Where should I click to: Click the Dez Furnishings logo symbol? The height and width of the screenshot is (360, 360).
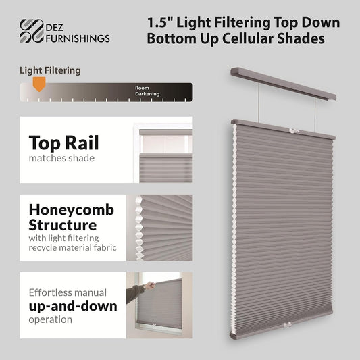coord(32,31)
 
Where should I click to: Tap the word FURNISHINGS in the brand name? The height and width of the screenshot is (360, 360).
coord(78,38)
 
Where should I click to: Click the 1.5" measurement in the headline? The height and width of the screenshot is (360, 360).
coord(159,23)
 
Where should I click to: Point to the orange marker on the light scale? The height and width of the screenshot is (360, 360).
coord(39,84)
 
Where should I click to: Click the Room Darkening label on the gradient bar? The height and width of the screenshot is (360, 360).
coord(147,91)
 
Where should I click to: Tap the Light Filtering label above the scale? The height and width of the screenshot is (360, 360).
coord(50,70)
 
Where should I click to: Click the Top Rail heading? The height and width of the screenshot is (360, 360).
coord(63,143)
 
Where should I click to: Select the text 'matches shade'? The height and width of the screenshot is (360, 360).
coord(61,158)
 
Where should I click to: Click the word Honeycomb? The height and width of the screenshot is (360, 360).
coord(72,210)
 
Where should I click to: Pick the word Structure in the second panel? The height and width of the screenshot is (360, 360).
coord(63,225)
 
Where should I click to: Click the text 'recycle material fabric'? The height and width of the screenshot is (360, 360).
coord(72,247)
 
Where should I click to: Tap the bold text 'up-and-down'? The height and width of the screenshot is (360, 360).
coord(73,306)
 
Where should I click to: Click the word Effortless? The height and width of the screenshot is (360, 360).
coord(50,292)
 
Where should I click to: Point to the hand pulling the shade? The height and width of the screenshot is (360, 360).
coord(150,286)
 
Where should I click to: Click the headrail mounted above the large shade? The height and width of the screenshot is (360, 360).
coord(283,83)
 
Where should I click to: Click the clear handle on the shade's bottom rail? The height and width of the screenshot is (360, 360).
coord(288,325)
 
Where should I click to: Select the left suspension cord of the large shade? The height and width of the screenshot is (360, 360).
coord(259,103)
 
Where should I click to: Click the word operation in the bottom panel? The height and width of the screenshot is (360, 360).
coord(51,319)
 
